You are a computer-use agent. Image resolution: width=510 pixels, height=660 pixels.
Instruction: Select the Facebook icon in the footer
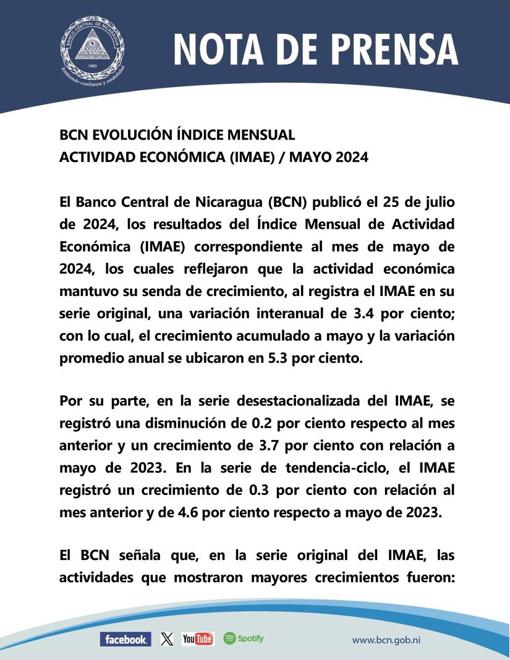[125, 639]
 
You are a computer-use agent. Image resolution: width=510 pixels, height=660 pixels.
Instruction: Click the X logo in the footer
[167, 639]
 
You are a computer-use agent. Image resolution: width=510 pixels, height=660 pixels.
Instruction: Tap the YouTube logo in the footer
[198, 639]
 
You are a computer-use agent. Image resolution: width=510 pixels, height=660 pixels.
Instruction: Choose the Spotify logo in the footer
[244, 638]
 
